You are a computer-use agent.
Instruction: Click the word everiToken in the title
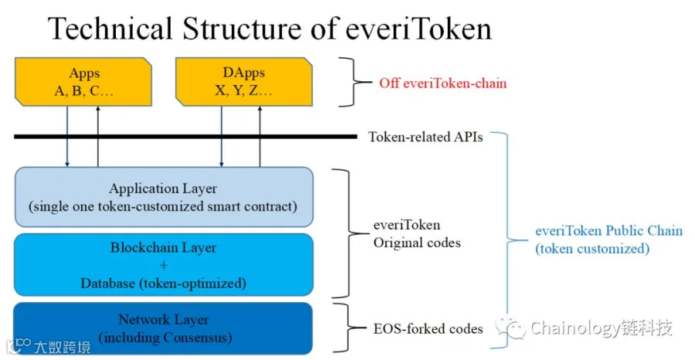tap(418, 29)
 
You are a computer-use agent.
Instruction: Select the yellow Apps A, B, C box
tap(83, 82)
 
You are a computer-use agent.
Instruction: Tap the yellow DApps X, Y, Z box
tap(244, 82)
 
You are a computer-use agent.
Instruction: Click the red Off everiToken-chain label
tap(442, 83)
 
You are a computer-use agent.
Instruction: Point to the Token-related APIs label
tap(425, 137)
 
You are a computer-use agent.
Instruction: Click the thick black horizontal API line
tap(185, 137)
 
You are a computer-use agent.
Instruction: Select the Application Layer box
tap(164, 197)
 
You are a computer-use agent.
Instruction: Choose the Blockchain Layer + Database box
tap(164, 265)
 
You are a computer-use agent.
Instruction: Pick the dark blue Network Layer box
tap(163, 328)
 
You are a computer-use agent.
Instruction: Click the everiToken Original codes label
tap(417, 233)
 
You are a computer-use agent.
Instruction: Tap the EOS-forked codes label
tap(428, 329)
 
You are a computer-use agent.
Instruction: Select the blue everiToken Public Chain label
tap(609, 239)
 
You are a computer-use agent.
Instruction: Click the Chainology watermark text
tap(602, 328)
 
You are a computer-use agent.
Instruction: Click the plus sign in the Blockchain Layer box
tap(164, 266)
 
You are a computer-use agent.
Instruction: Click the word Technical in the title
tap(110, 29)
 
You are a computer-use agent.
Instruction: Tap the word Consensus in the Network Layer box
tap(198, 338)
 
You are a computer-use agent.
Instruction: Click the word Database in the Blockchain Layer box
tap(108, 284)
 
